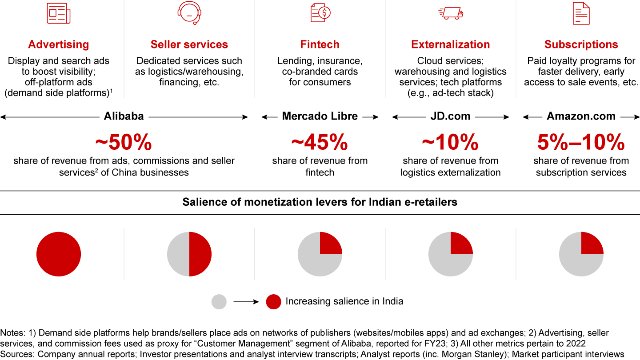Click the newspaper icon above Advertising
[59, 13]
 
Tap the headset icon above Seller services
[189, 13]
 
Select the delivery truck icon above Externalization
[451, 13]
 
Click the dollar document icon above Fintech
[320, 13]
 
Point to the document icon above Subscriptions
[581, 13]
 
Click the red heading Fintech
[320, 44]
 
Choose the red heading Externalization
[451, 44]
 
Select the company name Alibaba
[124, 116]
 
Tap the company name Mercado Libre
[320, 116]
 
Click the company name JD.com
[451, 116]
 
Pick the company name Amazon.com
[581, 116]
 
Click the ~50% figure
[124, 143]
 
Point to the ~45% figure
[320, 143]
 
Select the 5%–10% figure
[581, 143]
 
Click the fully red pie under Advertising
[59, 254]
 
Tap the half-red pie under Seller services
[189, 254]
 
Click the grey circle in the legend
[219, 302]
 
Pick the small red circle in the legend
[273, 302]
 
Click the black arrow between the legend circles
[246, 302]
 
